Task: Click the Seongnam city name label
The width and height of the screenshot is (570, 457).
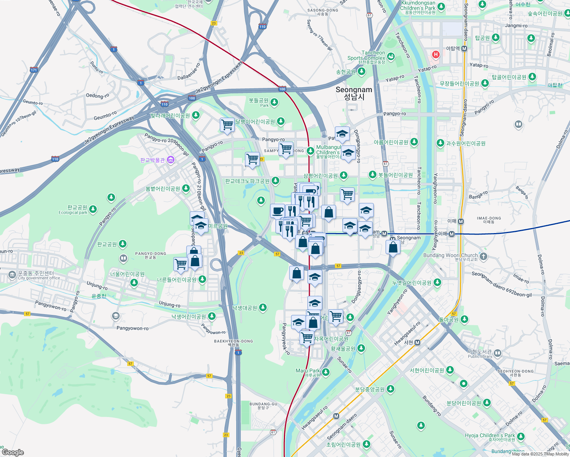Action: point(354,93)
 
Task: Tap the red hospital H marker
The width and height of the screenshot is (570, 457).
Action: point(436,54)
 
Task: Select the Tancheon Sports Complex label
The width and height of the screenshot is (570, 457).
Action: point(366,56)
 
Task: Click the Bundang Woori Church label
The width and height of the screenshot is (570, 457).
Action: point(450,255)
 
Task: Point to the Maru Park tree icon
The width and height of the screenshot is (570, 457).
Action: point(326,372)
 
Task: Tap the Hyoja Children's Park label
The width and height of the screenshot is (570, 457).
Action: point(490,435)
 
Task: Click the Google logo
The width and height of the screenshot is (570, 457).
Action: point(13,452)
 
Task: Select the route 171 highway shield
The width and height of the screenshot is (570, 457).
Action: point(34,70)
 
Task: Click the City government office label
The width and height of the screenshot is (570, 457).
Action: point(39,278)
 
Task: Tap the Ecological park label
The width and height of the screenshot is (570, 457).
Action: point(73,213)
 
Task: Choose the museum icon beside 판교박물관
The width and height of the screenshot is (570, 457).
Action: point(170,160)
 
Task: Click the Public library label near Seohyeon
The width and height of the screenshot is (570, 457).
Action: point(480,356)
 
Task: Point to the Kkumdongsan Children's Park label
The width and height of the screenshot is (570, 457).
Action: point(418,5)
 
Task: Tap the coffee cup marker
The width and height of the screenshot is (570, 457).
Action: point(277,210)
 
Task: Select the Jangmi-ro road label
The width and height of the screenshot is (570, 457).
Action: point(516,26)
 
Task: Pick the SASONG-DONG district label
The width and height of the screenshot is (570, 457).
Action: point(322,10)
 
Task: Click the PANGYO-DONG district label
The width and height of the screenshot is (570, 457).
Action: point(151,254)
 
